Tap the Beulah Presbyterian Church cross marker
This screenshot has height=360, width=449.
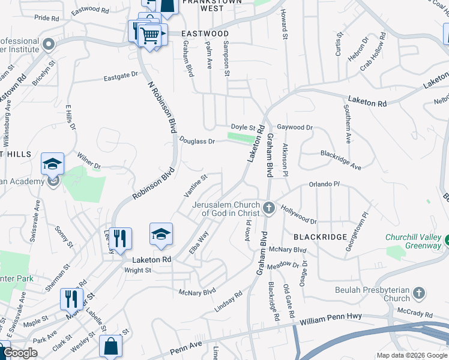(419, 293)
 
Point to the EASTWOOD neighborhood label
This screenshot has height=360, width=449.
(205, 34)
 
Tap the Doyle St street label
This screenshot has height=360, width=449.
(244, 127)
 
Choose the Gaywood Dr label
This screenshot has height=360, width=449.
(295, 127)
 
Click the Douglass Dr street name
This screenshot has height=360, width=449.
(197, 140)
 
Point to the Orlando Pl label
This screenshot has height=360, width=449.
(324, 184)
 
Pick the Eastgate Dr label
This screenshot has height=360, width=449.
(121, 76)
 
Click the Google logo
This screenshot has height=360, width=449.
(20, 353)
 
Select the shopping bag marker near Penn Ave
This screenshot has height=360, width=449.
(110, 346)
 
